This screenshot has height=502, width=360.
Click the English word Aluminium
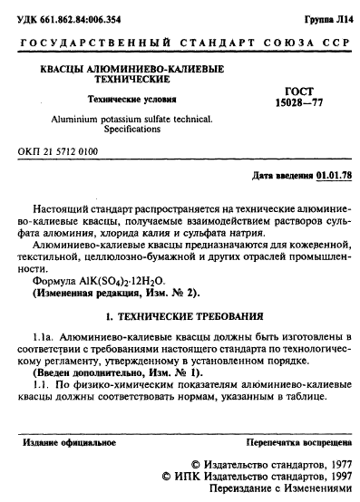point(63,119)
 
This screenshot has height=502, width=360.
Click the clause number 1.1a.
point(43,337)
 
